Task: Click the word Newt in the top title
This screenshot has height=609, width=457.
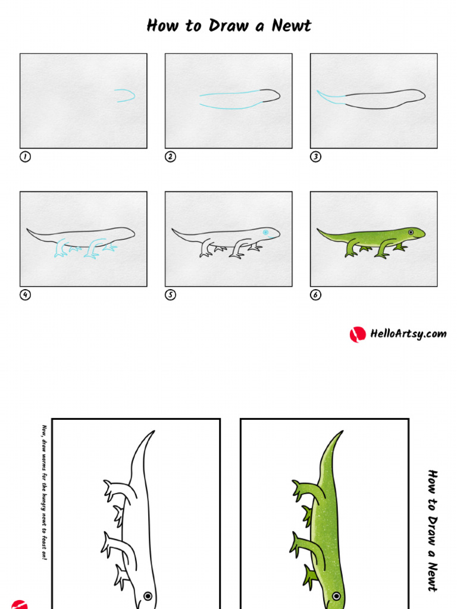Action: tap(291, 26)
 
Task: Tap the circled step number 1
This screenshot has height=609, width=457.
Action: tap(25, 157)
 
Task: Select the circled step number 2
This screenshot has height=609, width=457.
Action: tap(170, 157)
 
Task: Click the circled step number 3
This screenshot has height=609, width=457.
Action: tap(315, 157)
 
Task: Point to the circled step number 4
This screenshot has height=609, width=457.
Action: tap(25, 295)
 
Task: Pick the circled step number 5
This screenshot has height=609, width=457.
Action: tap(170, 295)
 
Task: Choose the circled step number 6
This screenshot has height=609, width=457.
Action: tap(315, 295)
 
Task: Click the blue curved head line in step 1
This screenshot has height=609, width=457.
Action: tap(126, 95)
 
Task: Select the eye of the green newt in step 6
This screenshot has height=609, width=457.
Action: tap(411, 232)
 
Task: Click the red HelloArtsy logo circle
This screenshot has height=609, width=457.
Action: tap(357, 334)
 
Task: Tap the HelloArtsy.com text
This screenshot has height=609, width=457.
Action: tap(408, 334)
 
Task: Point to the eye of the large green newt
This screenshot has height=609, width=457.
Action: tap(336, 596)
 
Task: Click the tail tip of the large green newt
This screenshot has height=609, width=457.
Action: tap(342, 432)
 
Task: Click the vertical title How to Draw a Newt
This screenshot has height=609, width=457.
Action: tap(433, 530)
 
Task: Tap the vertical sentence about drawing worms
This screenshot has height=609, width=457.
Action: tap(43, 492)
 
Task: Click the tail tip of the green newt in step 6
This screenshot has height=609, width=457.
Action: tap(318, 230)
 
